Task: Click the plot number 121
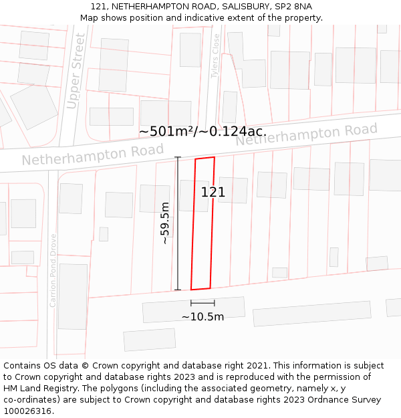pyautogui.click(x=213, y=193)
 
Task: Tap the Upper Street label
pyautogui.click(x=76, y=72)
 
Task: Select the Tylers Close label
pyautogui.click(x=215, y=56)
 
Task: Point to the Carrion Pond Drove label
pyautogui.click(x=53, y=270)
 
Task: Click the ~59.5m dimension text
pyautogui.click(x=165, y=223)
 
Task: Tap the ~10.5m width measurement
pyautogui.click(x=203, y=316)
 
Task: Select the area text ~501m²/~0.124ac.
pyautogui.click(x=203, y=131)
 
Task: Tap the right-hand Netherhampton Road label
pyautogui.click(x=306, y=135)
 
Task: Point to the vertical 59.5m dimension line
pyautogui.click(x=178, y=223)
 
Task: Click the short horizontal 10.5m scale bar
pyautogui.click(x=203, y=304)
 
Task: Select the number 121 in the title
pyautogui.click(x=98, y=6)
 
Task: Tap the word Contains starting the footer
pyautogui.click(x=23, y=366)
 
